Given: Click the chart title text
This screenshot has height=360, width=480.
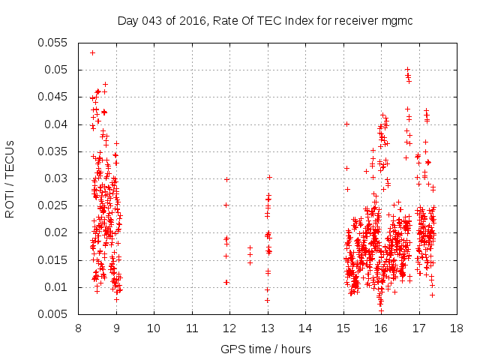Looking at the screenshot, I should (x=266, y=19).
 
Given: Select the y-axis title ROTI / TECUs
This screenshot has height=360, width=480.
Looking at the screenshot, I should (x=10, y=178).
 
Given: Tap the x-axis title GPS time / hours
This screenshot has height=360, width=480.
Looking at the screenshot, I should (x=265, y=349).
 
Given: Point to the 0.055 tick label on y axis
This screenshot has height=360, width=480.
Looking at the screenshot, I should (x=52, y=43).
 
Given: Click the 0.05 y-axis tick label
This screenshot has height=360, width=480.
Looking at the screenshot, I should (x=55, y=70).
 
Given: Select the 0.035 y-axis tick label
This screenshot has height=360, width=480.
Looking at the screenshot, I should (x=52, y=151).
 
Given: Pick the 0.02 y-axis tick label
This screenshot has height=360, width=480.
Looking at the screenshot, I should (x=55, y=233).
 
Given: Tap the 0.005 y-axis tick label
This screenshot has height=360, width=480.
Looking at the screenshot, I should (x=52, y=314).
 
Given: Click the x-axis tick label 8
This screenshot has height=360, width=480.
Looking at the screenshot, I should (x=78, y=328).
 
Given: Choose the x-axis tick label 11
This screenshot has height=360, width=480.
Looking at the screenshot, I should (x=192, y=328).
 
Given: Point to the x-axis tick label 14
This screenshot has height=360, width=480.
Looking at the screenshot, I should (x=305, y=328).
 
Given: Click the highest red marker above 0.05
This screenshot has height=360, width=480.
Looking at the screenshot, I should (x=92, y=52).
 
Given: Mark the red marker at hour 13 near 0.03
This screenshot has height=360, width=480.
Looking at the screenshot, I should (x=268, y=177).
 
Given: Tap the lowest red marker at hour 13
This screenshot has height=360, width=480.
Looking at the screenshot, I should (x=267, y=300).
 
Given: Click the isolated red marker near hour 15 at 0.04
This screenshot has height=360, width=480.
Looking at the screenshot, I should (x=346, y=124).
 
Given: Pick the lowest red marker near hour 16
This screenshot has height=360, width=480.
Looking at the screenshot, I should (x=381, y=310).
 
